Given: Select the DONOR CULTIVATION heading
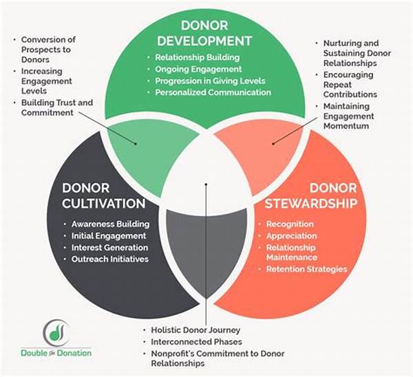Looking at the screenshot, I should [x=103, y=195].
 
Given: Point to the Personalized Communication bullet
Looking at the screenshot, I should [x=213, y=91].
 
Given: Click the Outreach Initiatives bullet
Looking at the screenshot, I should [x=109, y=259].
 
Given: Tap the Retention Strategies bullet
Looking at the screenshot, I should [x=306, y=269].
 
